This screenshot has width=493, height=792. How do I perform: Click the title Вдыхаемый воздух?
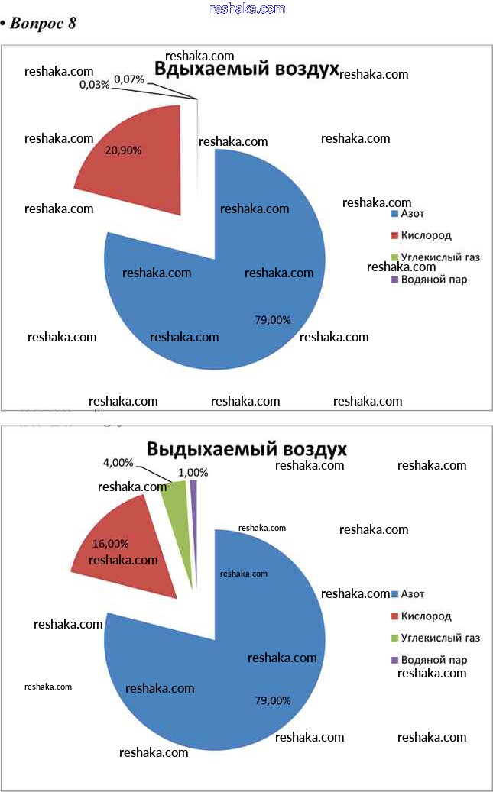click(x=247, y=70)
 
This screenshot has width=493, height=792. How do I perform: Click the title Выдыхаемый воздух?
click(x=247, y=448)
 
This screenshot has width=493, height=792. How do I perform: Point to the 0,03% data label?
click(x=94, y=85)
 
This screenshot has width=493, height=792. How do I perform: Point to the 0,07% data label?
click(x=129, y=79)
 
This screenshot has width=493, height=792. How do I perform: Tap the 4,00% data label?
click(x=118, y=462)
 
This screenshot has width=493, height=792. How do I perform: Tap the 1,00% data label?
click(x=193, y=473)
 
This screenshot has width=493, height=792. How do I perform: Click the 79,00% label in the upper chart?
click(x=273, y=320)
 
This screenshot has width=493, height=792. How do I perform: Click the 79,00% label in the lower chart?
click(x=273, y=700)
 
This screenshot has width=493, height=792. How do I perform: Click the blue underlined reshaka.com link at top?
click(x=247, y=8)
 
